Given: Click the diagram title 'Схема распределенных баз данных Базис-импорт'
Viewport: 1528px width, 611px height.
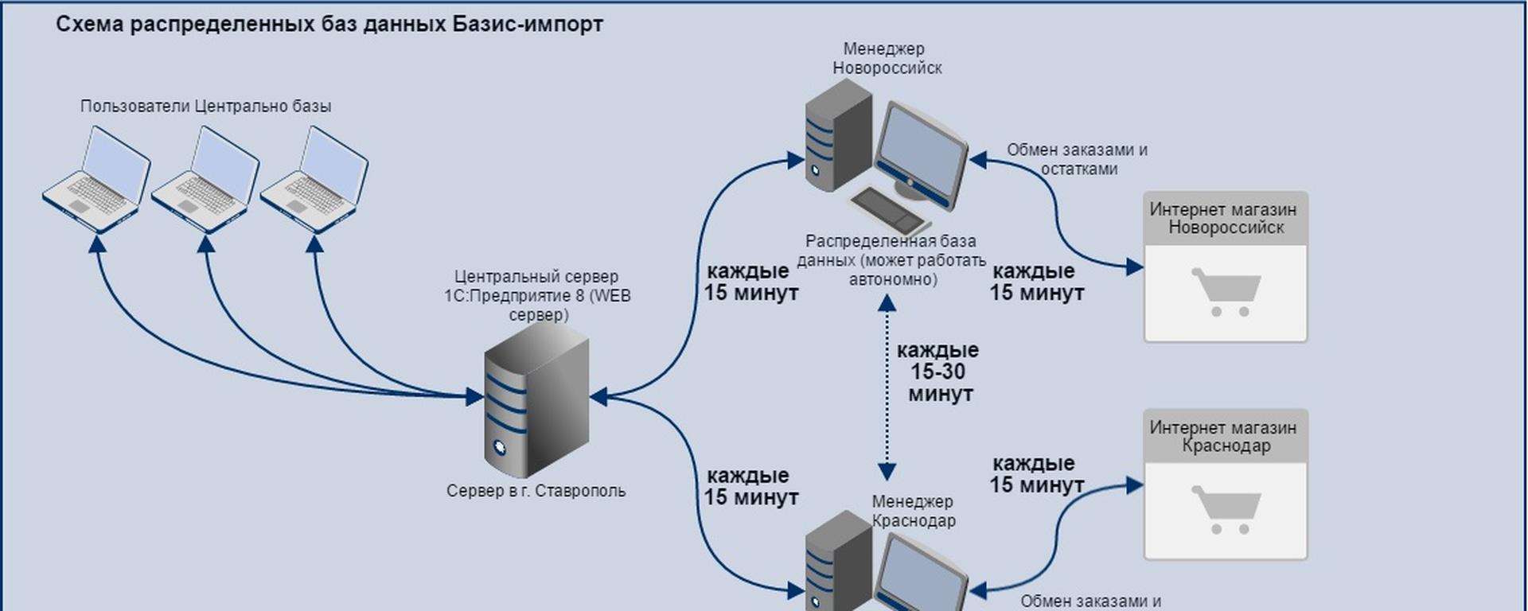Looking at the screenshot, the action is point(329,25).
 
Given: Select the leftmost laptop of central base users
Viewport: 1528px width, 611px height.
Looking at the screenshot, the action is point(96,180).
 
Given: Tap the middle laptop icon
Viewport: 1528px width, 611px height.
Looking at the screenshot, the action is point(205,180).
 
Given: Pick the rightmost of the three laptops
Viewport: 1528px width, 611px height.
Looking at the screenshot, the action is point(314,180).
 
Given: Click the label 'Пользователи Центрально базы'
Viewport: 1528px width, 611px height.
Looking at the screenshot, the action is point(205,106).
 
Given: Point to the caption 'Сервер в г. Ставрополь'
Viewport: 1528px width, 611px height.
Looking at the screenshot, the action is point(536,491).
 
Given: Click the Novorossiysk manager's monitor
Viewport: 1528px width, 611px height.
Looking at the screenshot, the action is point(921,155).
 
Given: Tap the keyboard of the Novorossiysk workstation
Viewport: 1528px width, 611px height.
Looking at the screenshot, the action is point(890,209).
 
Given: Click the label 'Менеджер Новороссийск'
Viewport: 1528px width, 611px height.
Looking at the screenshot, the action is point(887,58).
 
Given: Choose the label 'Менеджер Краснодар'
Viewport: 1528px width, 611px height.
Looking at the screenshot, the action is point(913,511).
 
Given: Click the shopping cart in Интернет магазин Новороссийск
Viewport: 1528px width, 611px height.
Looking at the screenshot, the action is point(1226,292).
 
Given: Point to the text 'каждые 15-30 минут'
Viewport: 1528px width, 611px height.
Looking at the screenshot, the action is point(938,372).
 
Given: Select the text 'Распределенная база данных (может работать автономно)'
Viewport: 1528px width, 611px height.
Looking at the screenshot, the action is point(891,260).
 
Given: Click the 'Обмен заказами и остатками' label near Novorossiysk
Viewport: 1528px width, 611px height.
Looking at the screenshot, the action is point(1078,159).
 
